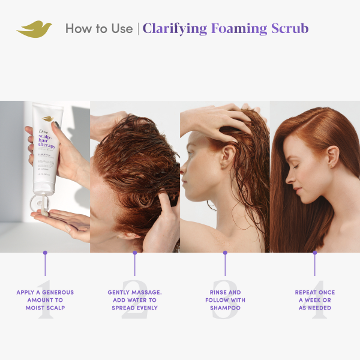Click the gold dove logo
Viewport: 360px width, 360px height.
34,29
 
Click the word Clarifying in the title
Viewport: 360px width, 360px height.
175,28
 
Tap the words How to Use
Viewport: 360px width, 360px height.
98,29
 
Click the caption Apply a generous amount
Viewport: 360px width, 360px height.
45,300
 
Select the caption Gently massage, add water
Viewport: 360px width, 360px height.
134,300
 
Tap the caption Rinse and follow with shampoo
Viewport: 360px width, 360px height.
225,300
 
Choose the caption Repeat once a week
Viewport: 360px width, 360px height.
315,300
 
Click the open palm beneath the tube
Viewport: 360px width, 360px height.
60,222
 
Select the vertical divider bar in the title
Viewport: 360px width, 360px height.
138,29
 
